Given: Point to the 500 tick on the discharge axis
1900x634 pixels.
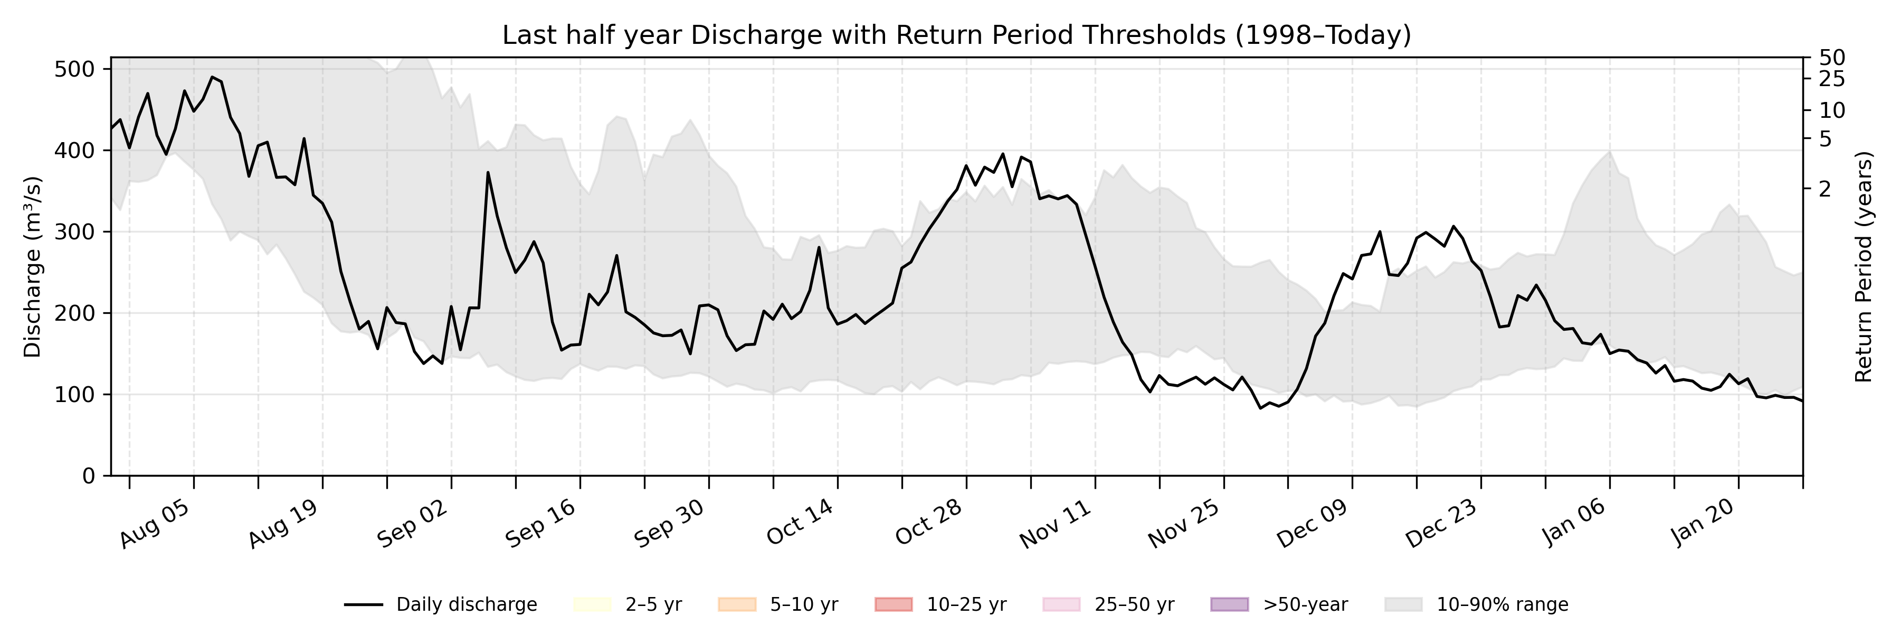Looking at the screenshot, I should tap(75, 69).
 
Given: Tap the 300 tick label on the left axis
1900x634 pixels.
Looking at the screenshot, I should tap(75, 232).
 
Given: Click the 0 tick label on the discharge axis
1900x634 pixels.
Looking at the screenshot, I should tap(89, 476).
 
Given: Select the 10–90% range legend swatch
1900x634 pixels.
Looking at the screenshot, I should tap(1403, 604).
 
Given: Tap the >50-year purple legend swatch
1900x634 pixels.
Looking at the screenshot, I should tap(1230, 604).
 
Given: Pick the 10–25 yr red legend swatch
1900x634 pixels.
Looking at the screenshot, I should tap(893, 604).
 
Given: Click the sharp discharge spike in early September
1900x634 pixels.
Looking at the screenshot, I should tap(488, 173).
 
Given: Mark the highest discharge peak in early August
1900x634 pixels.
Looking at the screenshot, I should tap(212, 77).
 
